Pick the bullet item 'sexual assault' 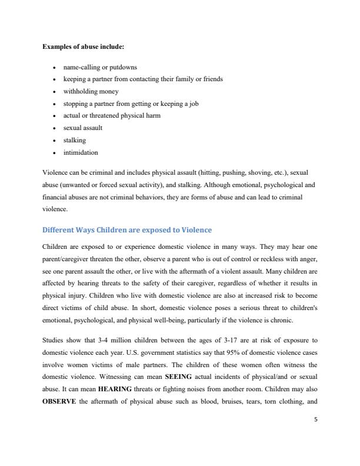pos(83,128)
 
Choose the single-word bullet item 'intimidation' pos(81,152)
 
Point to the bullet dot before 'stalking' pos(54,140)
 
